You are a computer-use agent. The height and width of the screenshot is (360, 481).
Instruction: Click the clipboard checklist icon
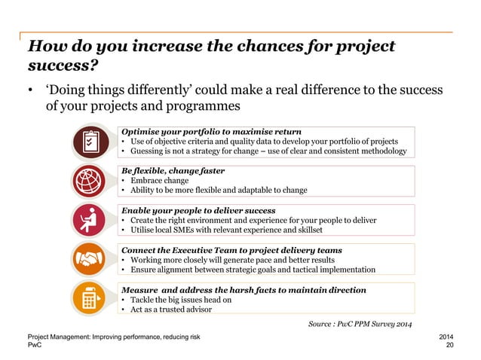92,142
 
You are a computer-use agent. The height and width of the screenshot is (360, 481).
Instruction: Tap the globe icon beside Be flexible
92,181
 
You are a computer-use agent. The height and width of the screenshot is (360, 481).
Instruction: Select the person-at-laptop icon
92,220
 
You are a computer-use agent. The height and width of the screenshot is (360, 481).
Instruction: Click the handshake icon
92,259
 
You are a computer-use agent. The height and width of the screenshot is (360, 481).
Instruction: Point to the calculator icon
92,298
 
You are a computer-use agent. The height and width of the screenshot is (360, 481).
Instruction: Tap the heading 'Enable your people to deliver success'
198,210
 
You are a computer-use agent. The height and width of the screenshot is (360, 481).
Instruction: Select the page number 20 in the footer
451,345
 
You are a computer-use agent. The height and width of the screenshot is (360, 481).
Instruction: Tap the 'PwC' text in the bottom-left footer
35,345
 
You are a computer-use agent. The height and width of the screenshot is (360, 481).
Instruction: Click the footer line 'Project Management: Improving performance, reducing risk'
113,336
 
